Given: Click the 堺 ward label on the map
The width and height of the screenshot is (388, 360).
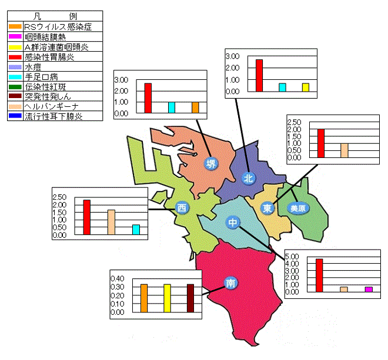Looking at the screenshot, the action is (x=211, y=163).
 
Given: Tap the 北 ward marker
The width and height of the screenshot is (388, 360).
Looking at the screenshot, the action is (x=248, y=178).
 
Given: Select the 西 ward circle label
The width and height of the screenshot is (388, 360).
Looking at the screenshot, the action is (x=182, y=208).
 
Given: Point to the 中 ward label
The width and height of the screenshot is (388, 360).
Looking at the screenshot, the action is (x=233, y=223).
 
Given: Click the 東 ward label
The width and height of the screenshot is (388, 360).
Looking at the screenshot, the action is (x=267, y=208).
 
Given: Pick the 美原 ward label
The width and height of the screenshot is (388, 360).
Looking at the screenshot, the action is (x=298, y=208).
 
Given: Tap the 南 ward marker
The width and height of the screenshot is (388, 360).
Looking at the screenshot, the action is (x=230, y=283).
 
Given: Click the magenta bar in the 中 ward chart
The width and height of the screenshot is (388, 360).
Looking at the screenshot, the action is (x=369, y=290).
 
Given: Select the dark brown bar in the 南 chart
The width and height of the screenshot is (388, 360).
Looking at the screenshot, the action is (x=190, y=298).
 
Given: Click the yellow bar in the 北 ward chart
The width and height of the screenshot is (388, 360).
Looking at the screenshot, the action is (x=306, y=88).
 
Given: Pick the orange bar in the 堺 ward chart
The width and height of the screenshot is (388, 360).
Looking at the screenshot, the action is (x=195, y=107).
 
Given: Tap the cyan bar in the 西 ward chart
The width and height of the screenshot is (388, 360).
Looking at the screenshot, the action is (x=136, y=230).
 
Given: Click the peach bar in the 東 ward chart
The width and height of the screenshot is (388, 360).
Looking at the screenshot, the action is (x=344, y=150).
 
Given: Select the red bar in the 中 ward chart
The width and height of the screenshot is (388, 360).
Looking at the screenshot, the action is (x=319, y=275).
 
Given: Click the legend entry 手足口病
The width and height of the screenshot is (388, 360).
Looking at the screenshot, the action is (x=41, y=77).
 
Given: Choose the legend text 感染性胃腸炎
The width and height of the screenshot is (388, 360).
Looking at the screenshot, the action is (x=49, y=57).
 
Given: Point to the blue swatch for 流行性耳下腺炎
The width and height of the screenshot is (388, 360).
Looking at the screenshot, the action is (x=15, y=116).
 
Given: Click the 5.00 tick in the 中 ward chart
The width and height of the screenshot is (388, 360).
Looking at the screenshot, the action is (x=292, y=257).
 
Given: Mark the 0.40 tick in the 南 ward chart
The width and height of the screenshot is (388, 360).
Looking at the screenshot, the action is (x=118, y=278).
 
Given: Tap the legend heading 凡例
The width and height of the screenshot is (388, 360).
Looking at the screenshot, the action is (x=55, y=16).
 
